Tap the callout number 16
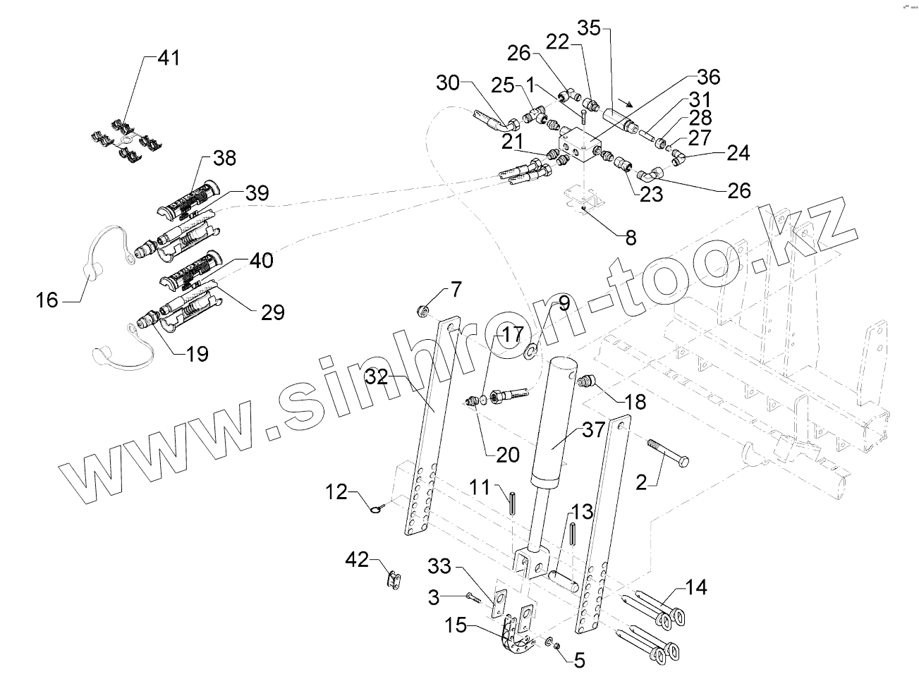[47, 301]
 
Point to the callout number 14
[696, 587]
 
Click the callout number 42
[357, 560]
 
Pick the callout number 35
[589, 28]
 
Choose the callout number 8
[630, 238]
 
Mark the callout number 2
[641, 483]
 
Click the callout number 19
[197, 353]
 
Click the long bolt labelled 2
[667, 452]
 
